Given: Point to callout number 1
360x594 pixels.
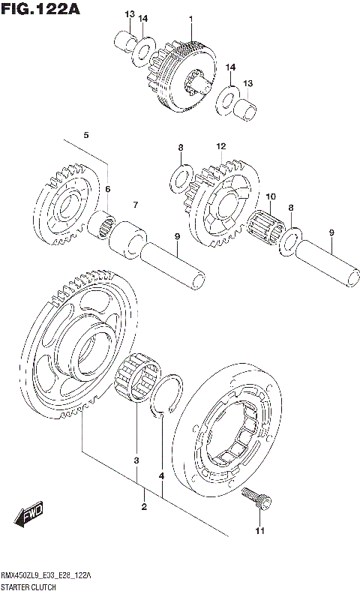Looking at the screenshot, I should [x=190, y=18].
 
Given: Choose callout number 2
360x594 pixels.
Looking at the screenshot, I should [x=144, y=508].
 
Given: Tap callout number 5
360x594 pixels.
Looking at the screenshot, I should [x=86, y=135].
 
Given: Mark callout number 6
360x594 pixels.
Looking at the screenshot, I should [x=107, y=189].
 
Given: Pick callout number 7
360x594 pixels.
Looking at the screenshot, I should [x=136, y=204].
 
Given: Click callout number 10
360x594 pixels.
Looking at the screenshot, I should [x=271, y=196].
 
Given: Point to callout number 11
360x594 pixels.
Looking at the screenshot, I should [x=259, y=532].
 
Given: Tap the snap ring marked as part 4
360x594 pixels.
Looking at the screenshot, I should [x=168, y=394].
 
